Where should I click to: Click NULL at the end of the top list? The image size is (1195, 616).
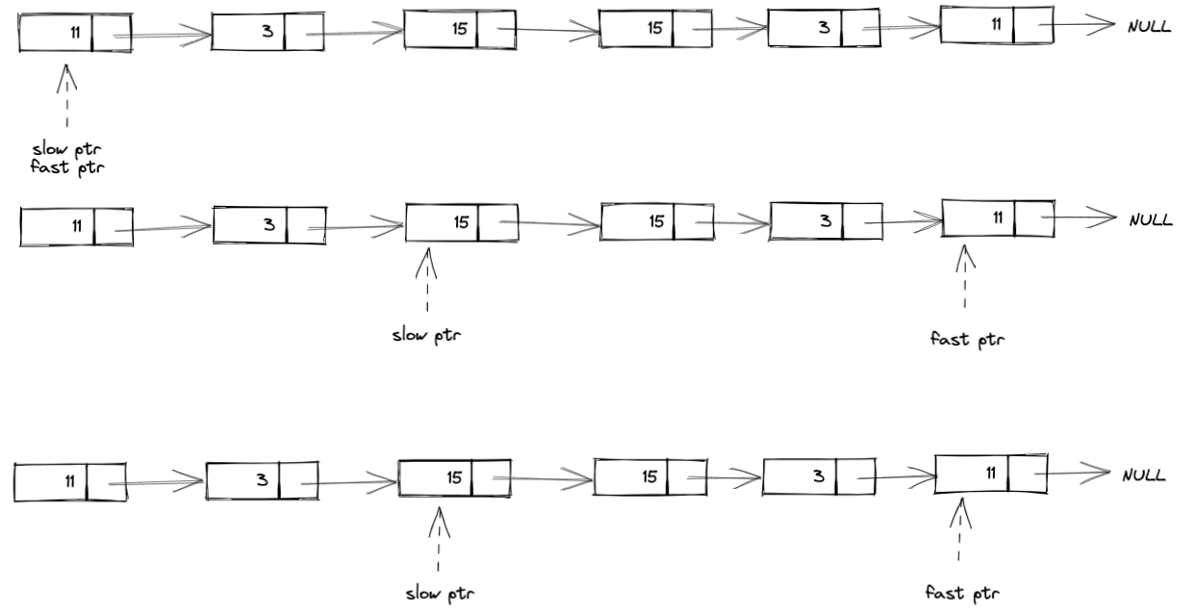(x=1149, y=27)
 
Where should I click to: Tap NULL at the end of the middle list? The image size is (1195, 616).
(x=1151, y=219)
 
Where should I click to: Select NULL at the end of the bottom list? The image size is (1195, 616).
(x=1144, y=475)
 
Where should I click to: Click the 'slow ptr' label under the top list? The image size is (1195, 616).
(x=66, y=150)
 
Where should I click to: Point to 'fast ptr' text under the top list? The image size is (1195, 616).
(x=66, y=168)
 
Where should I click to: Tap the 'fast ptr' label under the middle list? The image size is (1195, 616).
(x=965, y=339)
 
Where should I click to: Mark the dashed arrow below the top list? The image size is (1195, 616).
(x=67, y=96)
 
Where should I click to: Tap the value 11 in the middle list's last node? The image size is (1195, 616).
(x=998, y=217)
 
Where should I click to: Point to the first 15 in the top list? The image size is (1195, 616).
(x=459, y=29)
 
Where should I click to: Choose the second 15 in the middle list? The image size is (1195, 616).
(x=656, y=221)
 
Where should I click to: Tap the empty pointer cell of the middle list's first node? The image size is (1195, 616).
(x=113, y=226)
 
